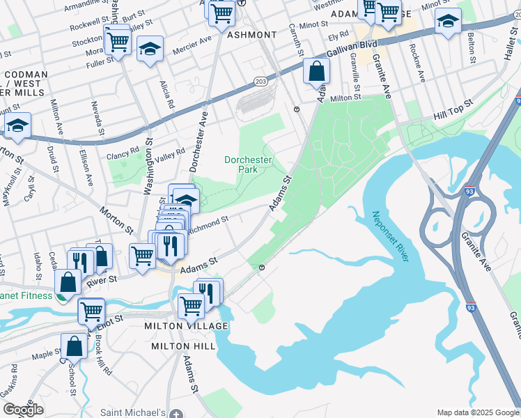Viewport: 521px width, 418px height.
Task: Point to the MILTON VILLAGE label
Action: coord(186,326)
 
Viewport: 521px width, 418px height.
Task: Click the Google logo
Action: coord(23,410)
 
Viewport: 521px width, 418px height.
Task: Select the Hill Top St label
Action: coord(453,107)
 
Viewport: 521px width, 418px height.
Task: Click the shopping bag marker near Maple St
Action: coord(74,346)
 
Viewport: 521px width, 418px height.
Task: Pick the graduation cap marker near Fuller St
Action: coord(150,49)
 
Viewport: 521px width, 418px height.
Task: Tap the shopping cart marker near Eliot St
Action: coord(91,311)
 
